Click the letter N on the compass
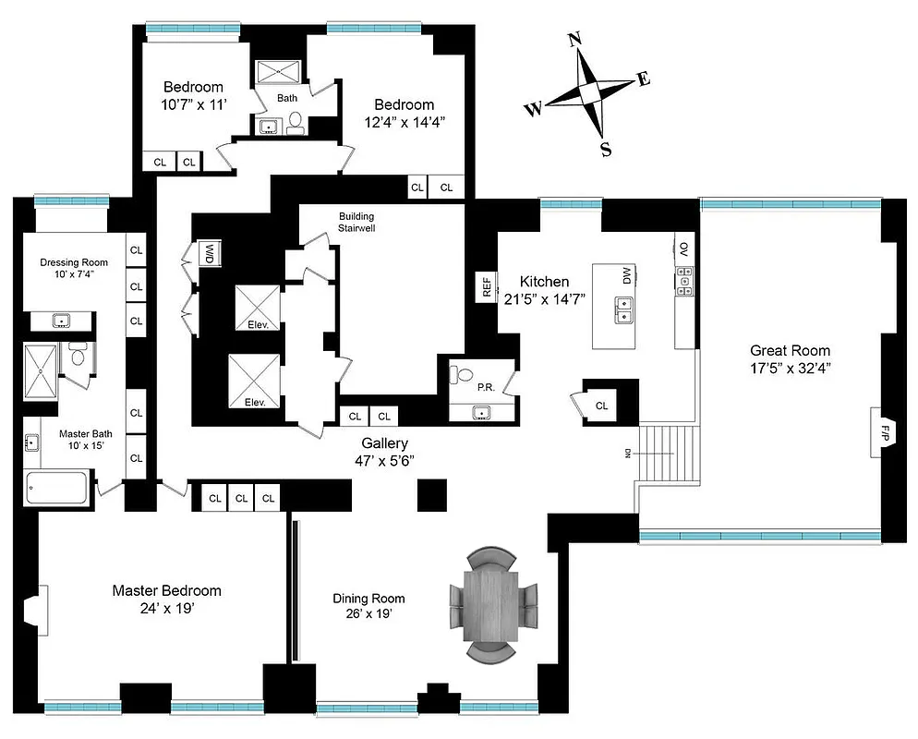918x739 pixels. click(x=574, y=39)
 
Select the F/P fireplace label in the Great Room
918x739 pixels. click(x=884, y=432)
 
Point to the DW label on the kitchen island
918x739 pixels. click(x=627, y=275)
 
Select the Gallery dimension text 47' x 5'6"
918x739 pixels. click(x=384, y=461)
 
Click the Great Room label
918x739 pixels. click(x=790, y=350)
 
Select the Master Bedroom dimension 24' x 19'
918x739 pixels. click(x=166, y=610)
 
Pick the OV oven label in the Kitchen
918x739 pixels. click(x=684, y=248)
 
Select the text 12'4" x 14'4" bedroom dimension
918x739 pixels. click(x=404, y=122)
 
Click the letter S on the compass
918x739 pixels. click(x=606, y=151)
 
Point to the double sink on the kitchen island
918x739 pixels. click(x=625, y=309)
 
